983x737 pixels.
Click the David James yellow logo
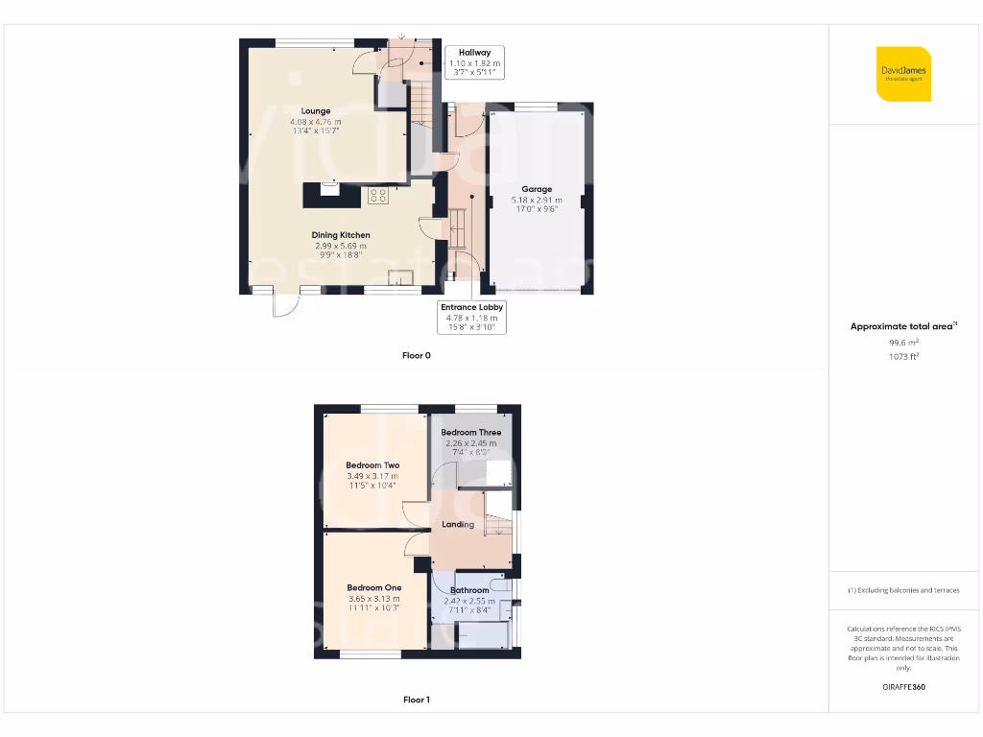(903, 73)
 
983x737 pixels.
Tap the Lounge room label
(316, 111)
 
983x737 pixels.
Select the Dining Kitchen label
(341, 235)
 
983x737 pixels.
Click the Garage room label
(538, 189)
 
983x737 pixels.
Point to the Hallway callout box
(474, 62)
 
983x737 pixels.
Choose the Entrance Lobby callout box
(472, 317)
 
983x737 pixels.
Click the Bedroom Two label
(372, 465)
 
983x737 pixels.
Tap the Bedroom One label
(374, 587)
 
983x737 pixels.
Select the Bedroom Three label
(471, 433)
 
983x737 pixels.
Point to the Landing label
(458, 524)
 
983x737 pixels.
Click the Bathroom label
(469, 590)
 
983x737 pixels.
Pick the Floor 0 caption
(417, 355)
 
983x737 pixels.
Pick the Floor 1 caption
(417, 700)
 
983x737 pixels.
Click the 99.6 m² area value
(903, 342)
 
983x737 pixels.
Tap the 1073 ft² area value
(903, 356)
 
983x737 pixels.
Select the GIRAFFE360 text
(903, 687)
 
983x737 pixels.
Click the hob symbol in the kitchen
(376, 196)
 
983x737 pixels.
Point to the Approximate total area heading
(903, 326)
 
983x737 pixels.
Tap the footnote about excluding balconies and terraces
(903, 590)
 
